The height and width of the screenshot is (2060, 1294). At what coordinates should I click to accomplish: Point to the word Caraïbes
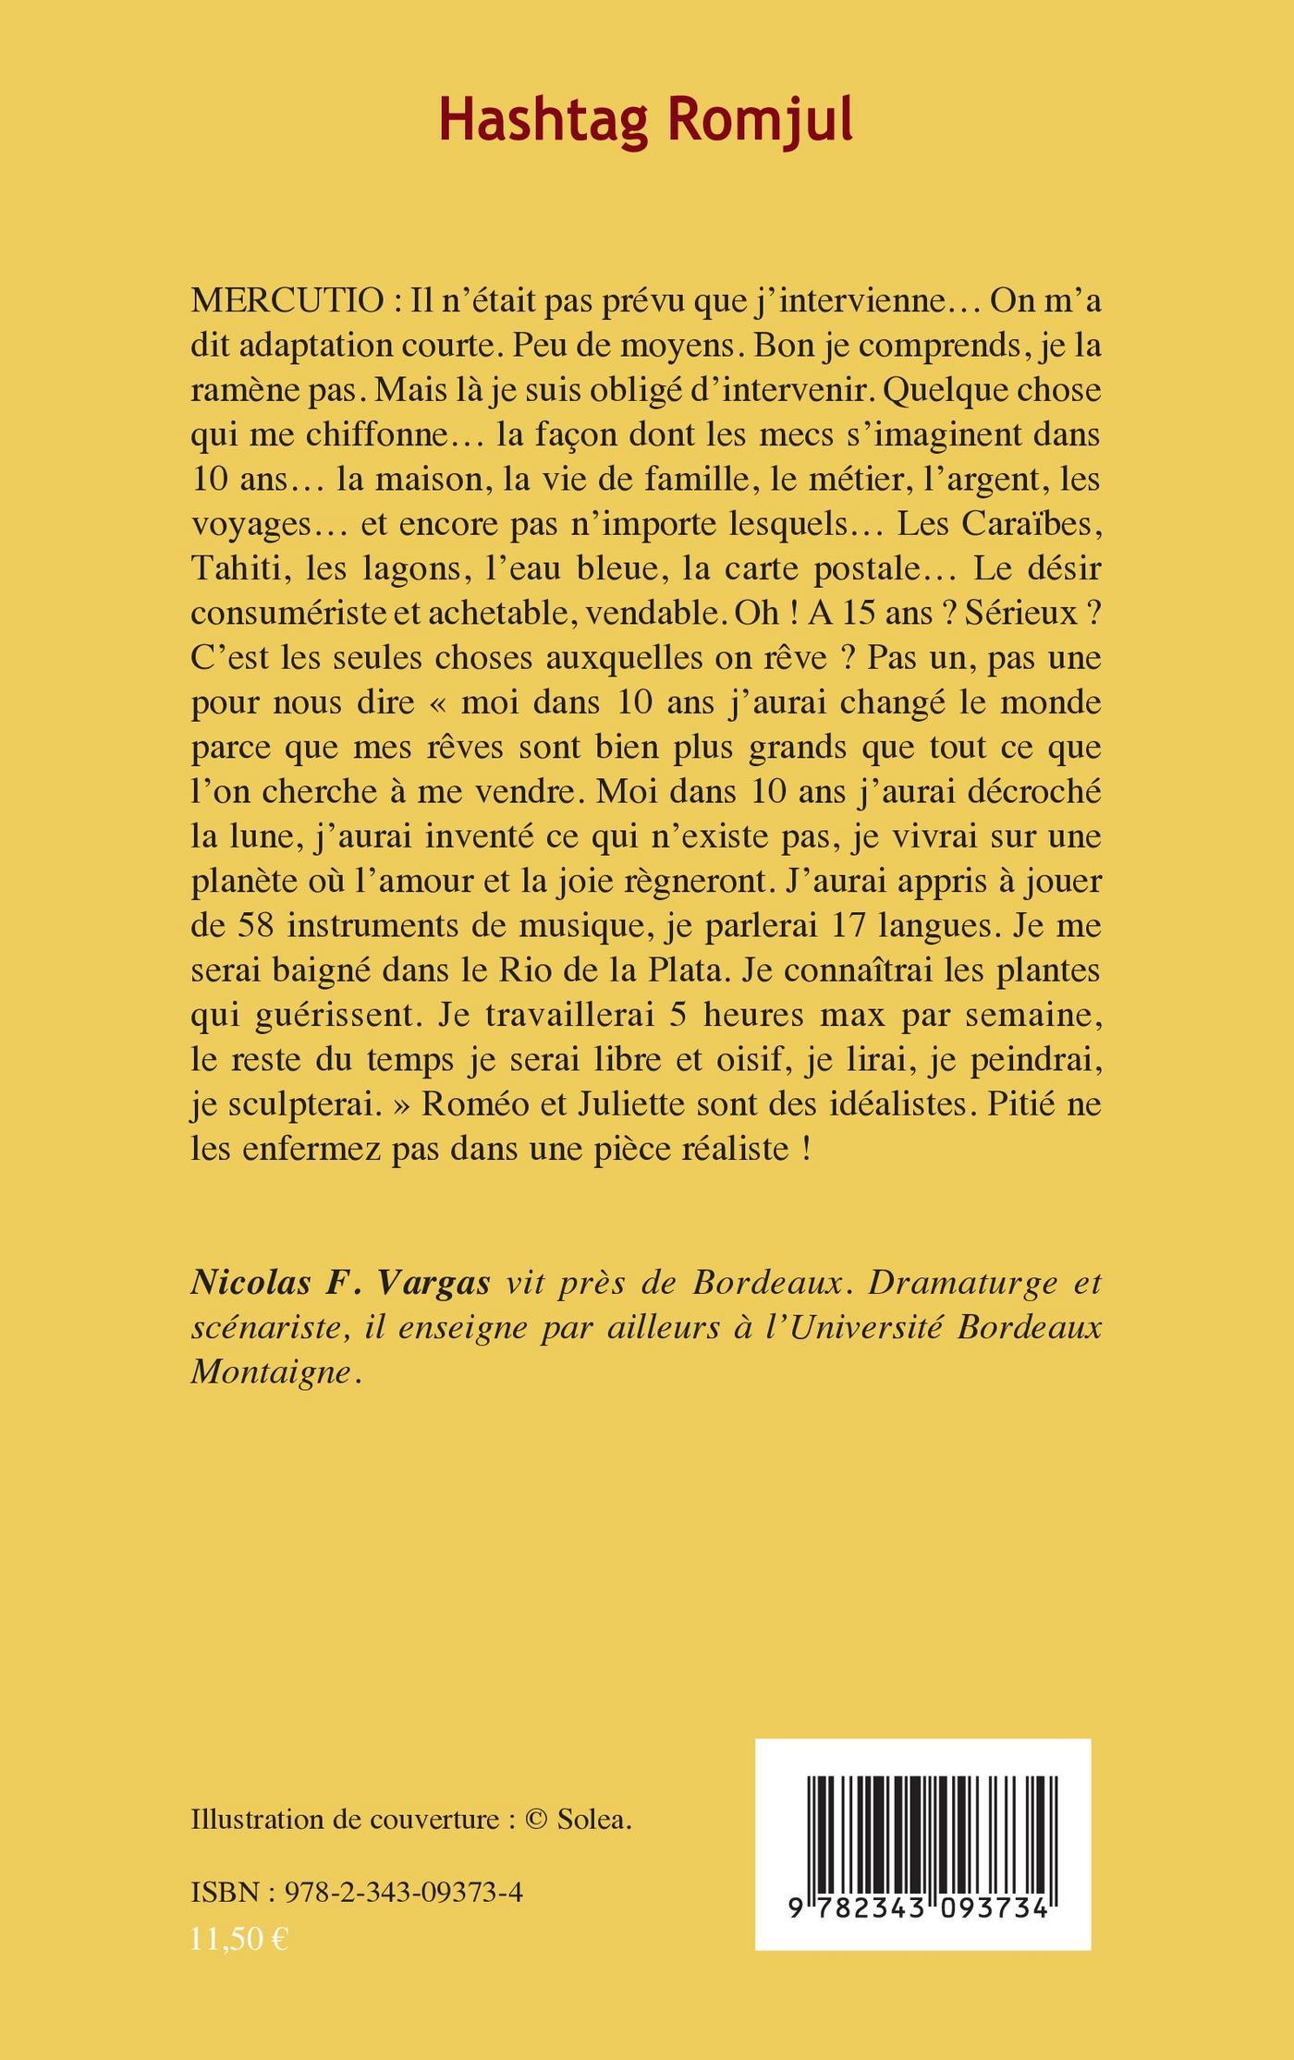1032,524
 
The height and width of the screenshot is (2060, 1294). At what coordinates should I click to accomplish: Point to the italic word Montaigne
271,1372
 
